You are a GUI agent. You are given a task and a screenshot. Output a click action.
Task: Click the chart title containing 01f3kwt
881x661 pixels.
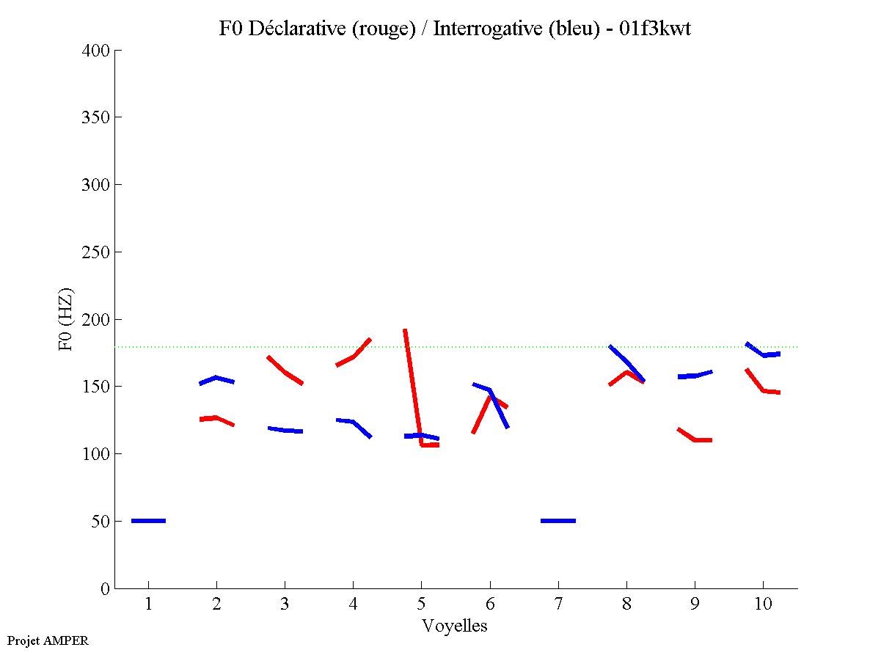pos(455,29)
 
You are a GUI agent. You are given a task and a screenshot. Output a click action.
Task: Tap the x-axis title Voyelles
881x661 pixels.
pos(455,626)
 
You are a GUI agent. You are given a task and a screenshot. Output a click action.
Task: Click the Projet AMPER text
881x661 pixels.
pos(48,640)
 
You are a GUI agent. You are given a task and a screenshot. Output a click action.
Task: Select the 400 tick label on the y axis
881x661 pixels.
pos(96,51)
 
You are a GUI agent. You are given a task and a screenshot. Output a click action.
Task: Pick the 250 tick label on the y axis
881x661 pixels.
pos(96,252)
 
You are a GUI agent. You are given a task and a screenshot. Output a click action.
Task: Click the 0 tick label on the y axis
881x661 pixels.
pos(106,588)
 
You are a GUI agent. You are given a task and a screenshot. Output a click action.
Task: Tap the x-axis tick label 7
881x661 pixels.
pos(558,605)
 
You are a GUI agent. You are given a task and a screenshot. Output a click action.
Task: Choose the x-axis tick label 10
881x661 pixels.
pos(763,605)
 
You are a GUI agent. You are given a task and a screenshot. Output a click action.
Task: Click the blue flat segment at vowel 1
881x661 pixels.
pos(148,521)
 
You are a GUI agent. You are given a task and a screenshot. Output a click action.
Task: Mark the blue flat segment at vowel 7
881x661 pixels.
pos(558,521)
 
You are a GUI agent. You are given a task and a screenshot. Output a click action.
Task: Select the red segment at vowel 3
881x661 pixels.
pos(285,372)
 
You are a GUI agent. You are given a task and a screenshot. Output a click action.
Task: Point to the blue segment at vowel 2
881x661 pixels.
pos(216,379)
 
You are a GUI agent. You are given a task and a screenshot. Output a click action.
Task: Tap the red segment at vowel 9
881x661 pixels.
pos(694,439)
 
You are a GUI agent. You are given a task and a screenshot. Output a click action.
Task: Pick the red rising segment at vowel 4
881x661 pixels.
pos(354,356)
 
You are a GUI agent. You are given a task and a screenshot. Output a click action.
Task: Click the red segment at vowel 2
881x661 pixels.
pos(216,418)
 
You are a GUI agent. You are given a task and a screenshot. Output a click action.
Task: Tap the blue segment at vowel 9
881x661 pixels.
pos(694,375)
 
